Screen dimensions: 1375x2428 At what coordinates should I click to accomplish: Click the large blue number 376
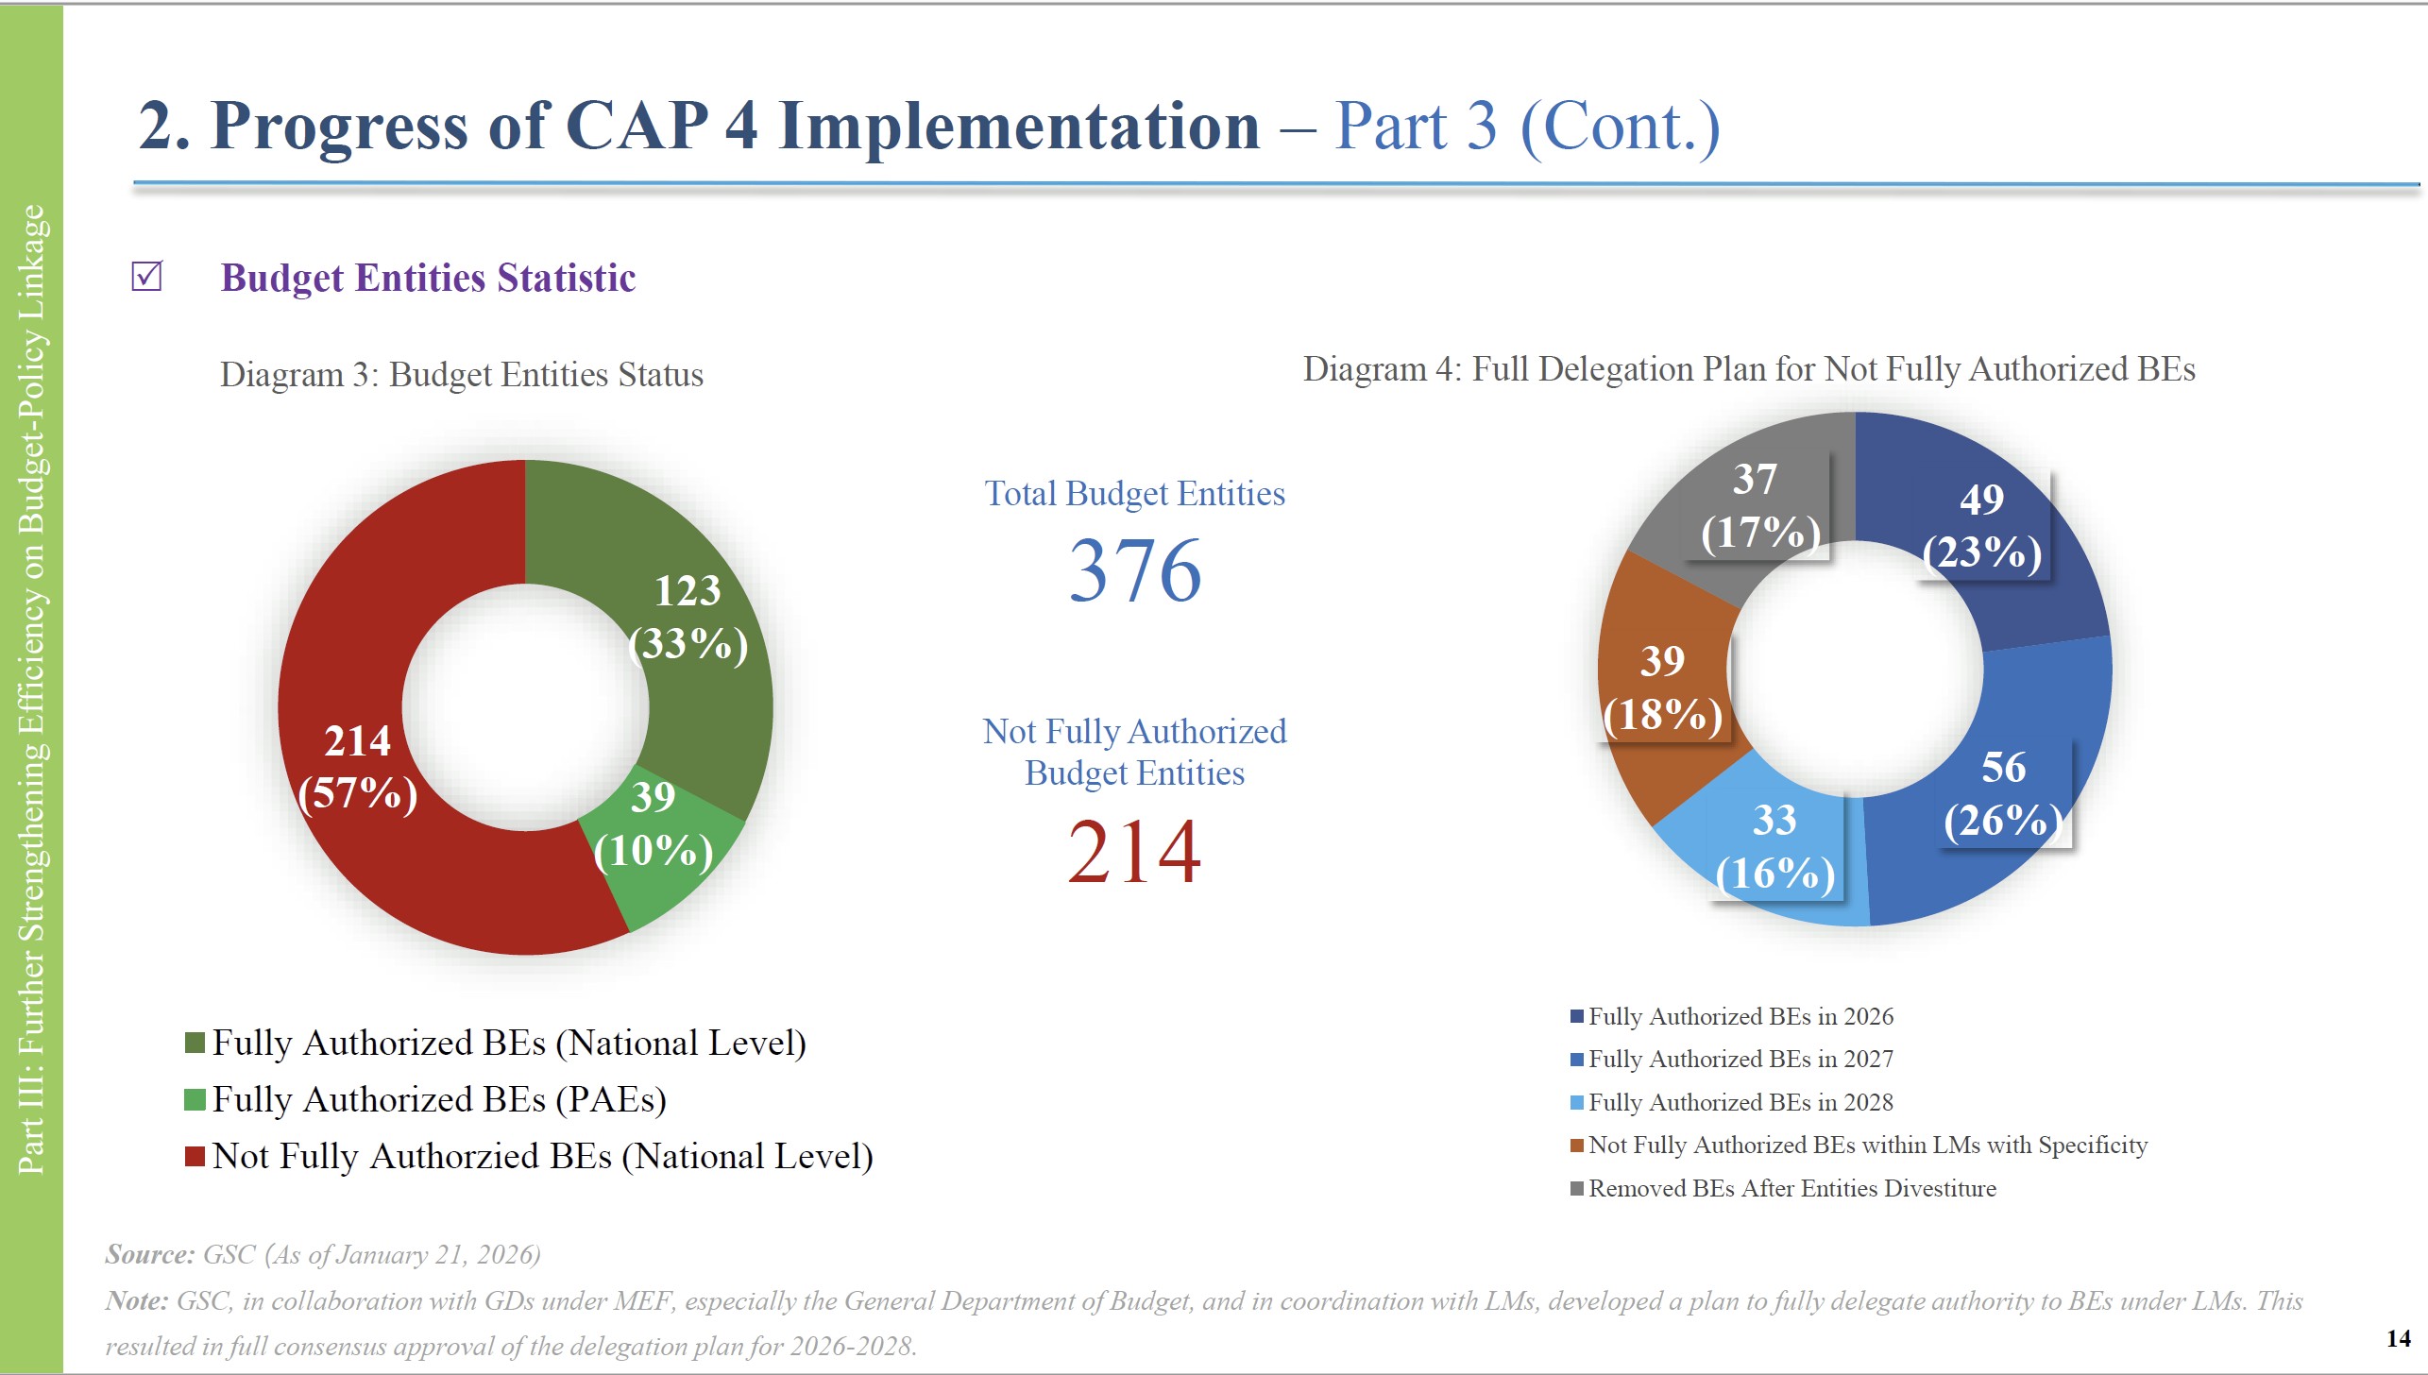pyautogui.click(x=1134, y=570)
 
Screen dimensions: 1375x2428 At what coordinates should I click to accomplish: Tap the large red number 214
pyautogui.click(x=1134, y=852)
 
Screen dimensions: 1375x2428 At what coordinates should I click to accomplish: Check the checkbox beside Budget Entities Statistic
pyautogui.click(x=147, y=277)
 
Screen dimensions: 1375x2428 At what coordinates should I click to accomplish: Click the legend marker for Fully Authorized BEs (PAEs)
pyautogui.click(x=195, y=1099)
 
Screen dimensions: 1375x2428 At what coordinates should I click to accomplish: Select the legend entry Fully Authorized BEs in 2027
pyautogui.click(x=1740, y=1060)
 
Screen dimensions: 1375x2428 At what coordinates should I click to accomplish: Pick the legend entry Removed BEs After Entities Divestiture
pyautogui.click(x=1791, y=1188)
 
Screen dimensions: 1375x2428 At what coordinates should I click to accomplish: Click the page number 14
pyautogui.click(x=2398, y=1338)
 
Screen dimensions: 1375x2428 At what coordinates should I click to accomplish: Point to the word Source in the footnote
pyautogui.click(x=149, y=1254)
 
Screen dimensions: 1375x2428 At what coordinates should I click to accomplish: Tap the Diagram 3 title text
pyautogui.click(x=461, y=375)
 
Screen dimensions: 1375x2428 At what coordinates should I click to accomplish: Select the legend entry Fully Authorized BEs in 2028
pyautogui.click(x=1740, y=1102)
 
